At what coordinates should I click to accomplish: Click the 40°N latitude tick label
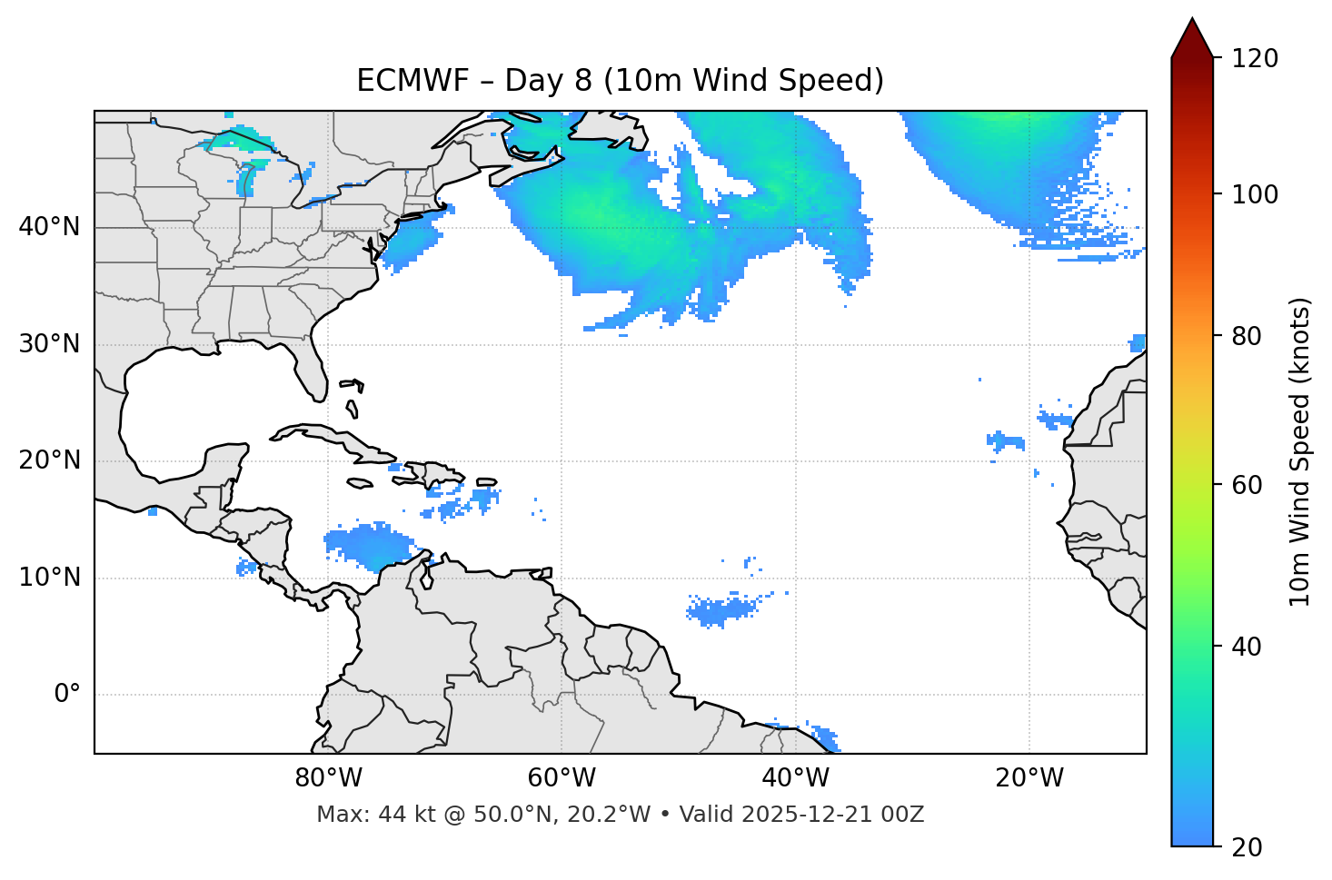(x=49, y=227)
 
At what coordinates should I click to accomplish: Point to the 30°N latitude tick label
(x=49, y=344)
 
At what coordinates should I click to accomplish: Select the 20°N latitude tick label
(x=49, y=460)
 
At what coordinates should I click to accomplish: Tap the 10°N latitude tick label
(x=49, y=578)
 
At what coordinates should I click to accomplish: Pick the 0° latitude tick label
(x=66, y=695)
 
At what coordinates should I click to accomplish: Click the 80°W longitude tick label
(x=328, y=778)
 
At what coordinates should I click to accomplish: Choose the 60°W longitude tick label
(x=562, y=778)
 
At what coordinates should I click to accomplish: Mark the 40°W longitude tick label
(x=795, y=778)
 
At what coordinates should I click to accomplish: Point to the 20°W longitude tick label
(x=1029, y=778)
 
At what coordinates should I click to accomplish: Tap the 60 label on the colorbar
(x=1246, y=485)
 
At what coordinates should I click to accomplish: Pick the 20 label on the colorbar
(x=1246, y=847)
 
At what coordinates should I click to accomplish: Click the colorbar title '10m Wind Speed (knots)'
(x=1300, y=451)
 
